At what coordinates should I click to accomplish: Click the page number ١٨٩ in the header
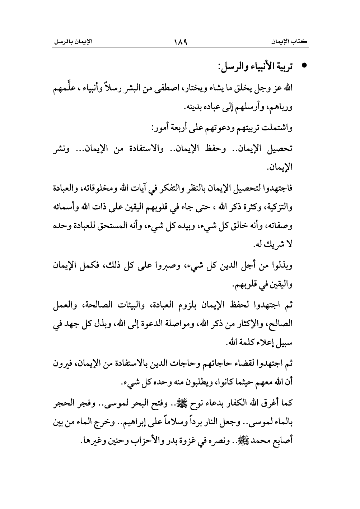pyautogui.click(x=180, y=42)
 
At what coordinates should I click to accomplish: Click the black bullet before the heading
pyautogui.click(x=305, y=67)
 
